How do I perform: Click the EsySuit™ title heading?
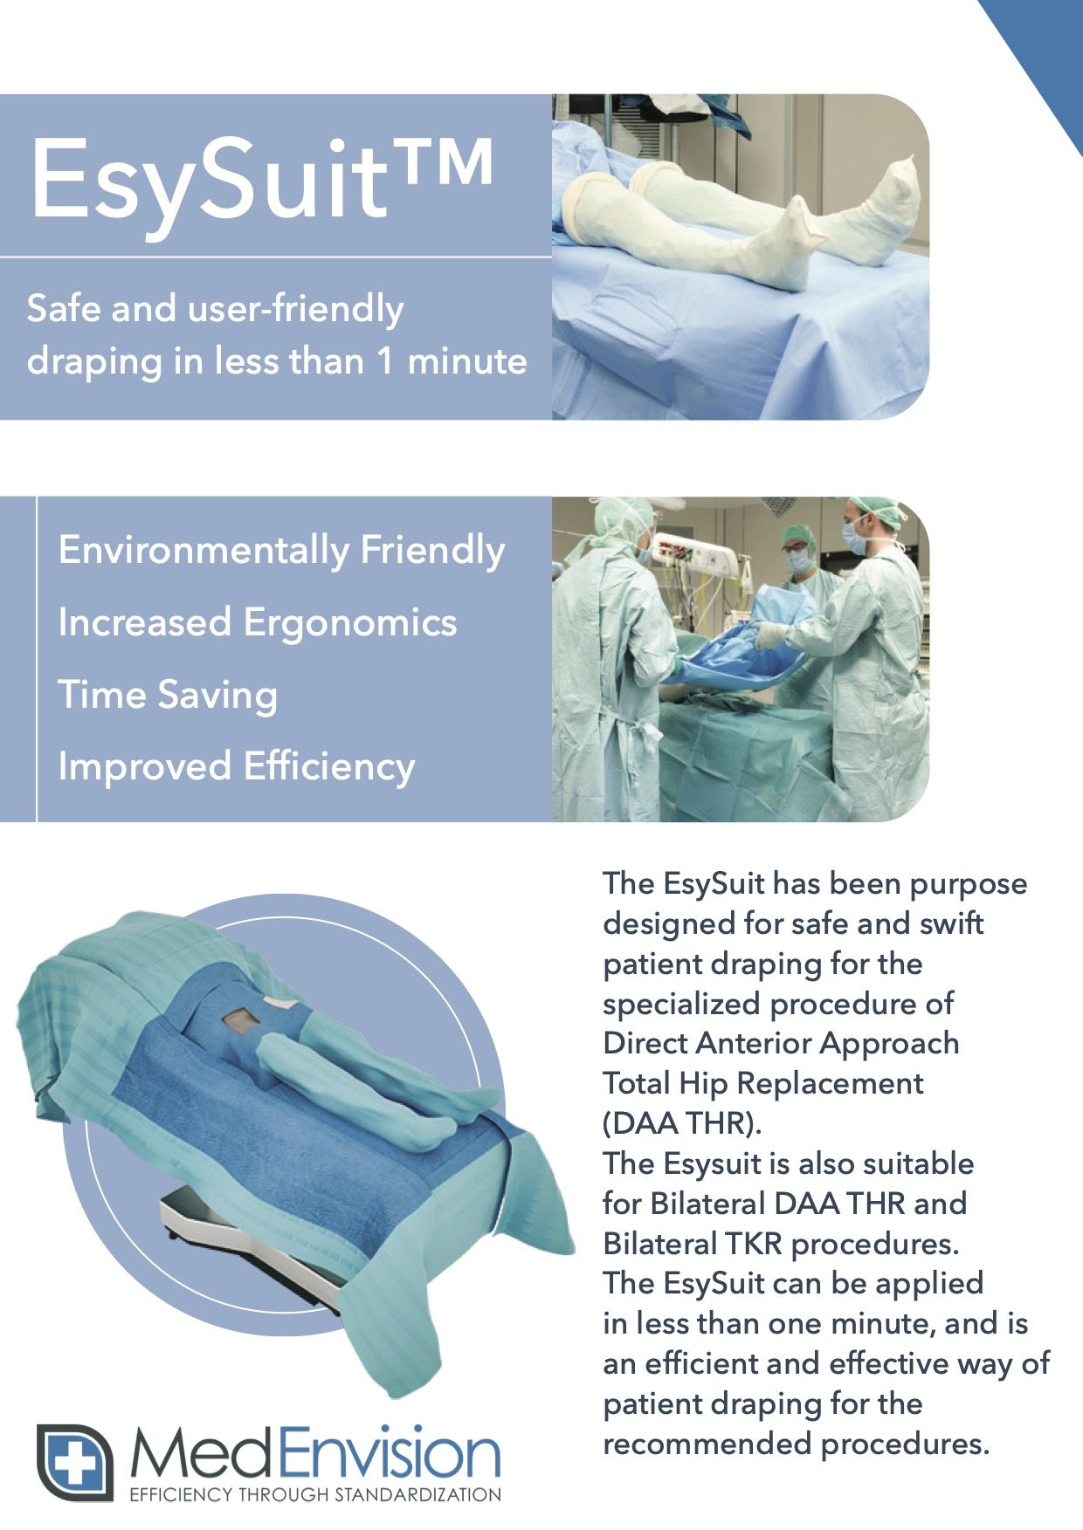[x=261, y=182]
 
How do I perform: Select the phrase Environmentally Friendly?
[x=281, y=552]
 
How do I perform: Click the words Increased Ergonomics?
[x=258, y=623]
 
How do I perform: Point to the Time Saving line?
[x=168, y=696]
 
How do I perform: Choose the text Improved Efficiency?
[x=237, y=767]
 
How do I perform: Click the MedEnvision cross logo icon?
[x=75, y=1463]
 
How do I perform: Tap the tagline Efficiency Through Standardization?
[x=315, y=1494]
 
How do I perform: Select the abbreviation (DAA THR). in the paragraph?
[x=682, y=1123]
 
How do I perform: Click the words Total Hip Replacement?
[x=763, y=1083]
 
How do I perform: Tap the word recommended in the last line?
[x=707, y=1444]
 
